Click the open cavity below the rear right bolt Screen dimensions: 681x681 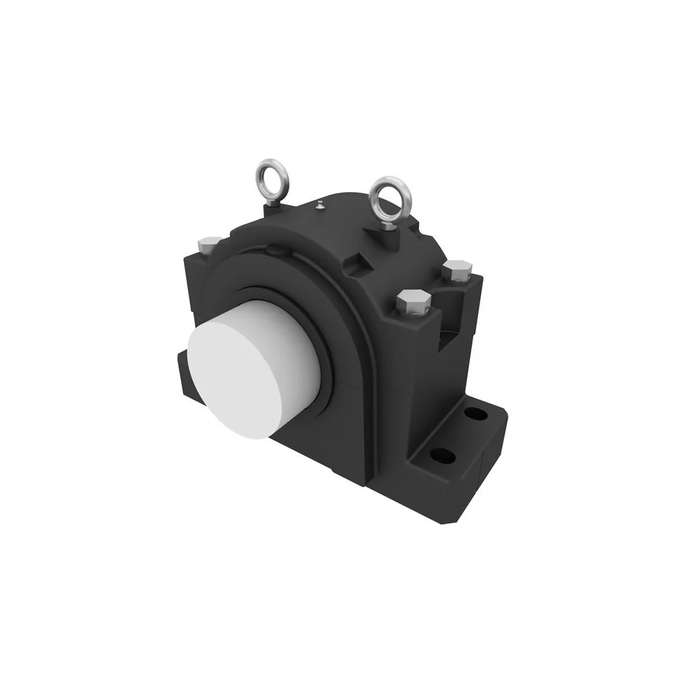[453, 334]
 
